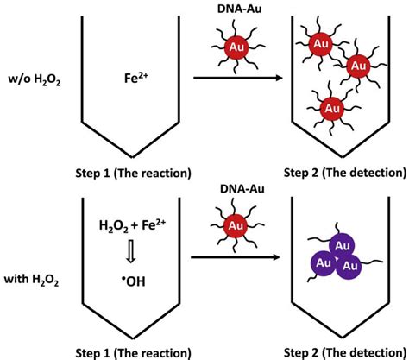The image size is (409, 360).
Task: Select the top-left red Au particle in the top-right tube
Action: [x=320, y=41]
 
